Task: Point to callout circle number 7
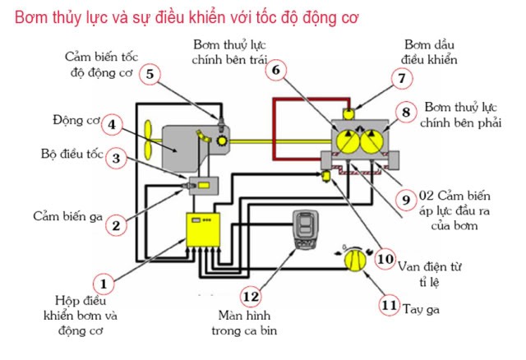pos(401,79)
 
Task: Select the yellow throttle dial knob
pos(353,261)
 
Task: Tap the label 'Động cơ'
pos(78,122)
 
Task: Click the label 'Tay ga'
pos(420,309)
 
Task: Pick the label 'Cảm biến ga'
pos(62,216)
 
